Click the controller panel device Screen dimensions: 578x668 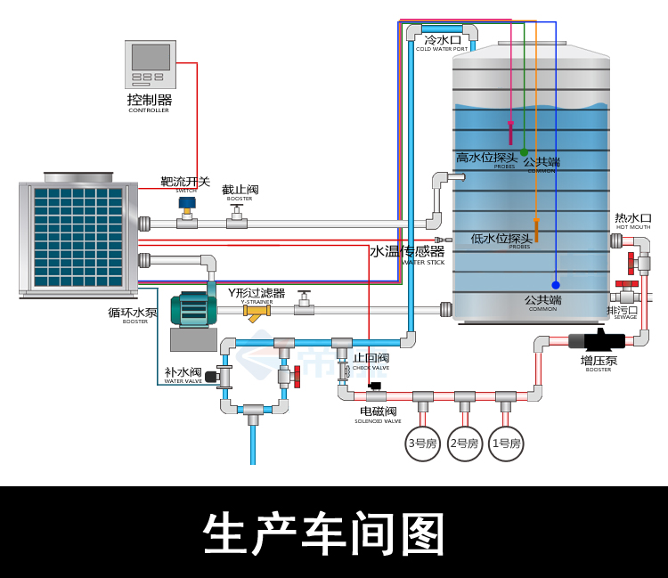(150, 64)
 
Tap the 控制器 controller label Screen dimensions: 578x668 (149, 100)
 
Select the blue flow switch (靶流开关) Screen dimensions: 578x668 (187, 205)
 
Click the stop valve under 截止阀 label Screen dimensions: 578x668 (237, 216)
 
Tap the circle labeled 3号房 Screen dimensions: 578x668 (423, 443)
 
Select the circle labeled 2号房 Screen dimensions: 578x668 (464, 443)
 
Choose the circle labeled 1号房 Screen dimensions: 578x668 (506, 443)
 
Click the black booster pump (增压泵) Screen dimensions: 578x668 (598, 339)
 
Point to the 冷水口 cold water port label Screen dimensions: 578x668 (442, 40)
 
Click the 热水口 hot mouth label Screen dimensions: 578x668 (633, 218)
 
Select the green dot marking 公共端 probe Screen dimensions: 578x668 (524, 152)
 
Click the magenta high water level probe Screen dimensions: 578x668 (510, 133)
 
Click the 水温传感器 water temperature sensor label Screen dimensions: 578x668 (407, 252)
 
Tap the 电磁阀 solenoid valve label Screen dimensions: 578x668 (378, 411)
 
